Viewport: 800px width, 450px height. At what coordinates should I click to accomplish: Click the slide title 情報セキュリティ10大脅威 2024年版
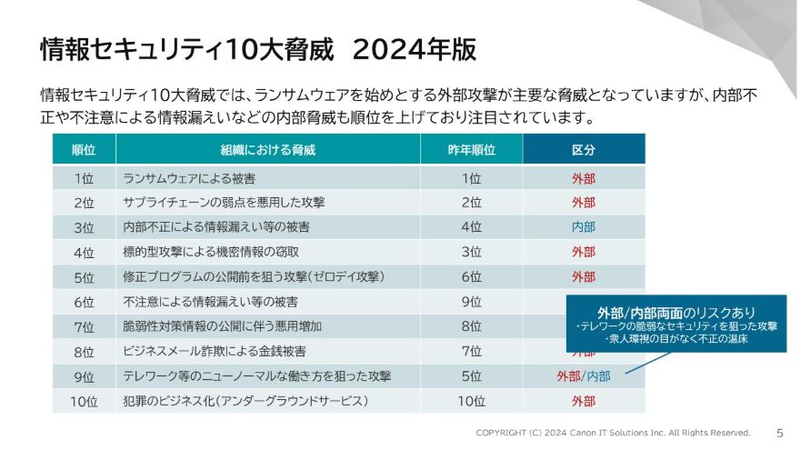pos(258,50)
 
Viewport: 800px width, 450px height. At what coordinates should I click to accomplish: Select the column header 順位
pos(84,149)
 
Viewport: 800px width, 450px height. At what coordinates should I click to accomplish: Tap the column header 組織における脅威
pos(267,149)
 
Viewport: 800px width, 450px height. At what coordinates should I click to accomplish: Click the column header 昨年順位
pos(471,149)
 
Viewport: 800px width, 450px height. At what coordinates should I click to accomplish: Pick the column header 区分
pos(583,149)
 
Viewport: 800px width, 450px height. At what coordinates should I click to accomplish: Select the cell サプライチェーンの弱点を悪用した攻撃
pos(223,203)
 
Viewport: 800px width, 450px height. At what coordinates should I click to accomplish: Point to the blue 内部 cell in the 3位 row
pos(583,227)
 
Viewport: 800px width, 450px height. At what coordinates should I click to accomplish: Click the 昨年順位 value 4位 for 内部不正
pos(471,227)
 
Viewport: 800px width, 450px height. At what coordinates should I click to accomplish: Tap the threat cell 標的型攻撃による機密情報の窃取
pos(210,252)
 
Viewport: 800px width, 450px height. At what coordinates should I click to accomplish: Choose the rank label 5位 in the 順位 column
pos(84,276)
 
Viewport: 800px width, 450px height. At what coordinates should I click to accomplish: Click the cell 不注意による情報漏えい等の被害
pos(210,301)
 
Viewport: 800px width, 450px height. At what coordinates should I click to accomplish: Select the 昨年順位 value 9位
pos(471,301)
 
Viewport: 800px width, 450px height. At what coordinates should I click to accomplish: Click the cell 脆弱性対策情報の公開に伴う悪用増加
pos(222,325)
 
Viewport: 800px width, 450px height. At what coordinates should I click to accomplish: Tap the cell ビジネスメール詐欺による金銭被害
pos(214,350)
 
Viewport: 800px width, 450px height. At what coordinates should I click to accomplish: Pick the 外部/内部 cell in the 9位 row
pos(583,375)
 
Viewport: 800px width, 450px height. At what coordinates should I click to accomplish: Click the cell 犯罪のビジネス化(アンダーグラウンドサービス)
pos(245,400)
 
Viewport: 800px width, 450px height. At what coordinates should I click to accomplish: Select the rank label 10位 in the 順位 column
pos(84,400)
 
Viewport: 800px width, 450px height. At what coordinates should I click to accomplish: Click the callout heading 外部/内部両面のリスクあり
pos(676,311)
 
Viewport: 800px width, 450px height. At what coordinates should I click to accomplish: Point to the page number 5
pos(780,433)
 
